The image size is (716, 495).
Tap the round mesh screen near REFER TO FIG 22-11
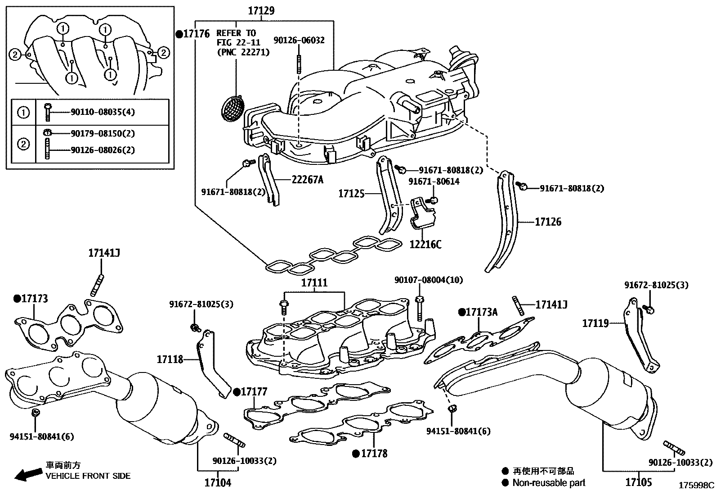[233, 109]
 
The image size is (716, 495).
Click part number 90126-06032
[299, 41]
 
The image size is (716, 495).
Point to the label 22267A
[307, 180]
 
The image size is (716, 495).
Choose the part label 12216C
[425, 245]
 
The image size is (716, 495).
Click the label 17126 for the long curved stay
[548, 222]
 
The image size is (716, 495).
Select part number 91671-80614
[434, 181]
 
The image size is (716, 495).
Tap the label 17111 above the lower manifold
[314, 283]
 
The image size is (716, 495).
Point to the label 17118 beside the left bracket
[170, 359]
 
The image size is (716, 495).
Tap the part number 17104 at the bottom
[218, 483]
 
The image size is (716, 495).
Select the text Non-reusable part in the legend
[549, 483]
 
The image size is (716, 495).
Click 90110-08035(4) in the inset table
[103, 112]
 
